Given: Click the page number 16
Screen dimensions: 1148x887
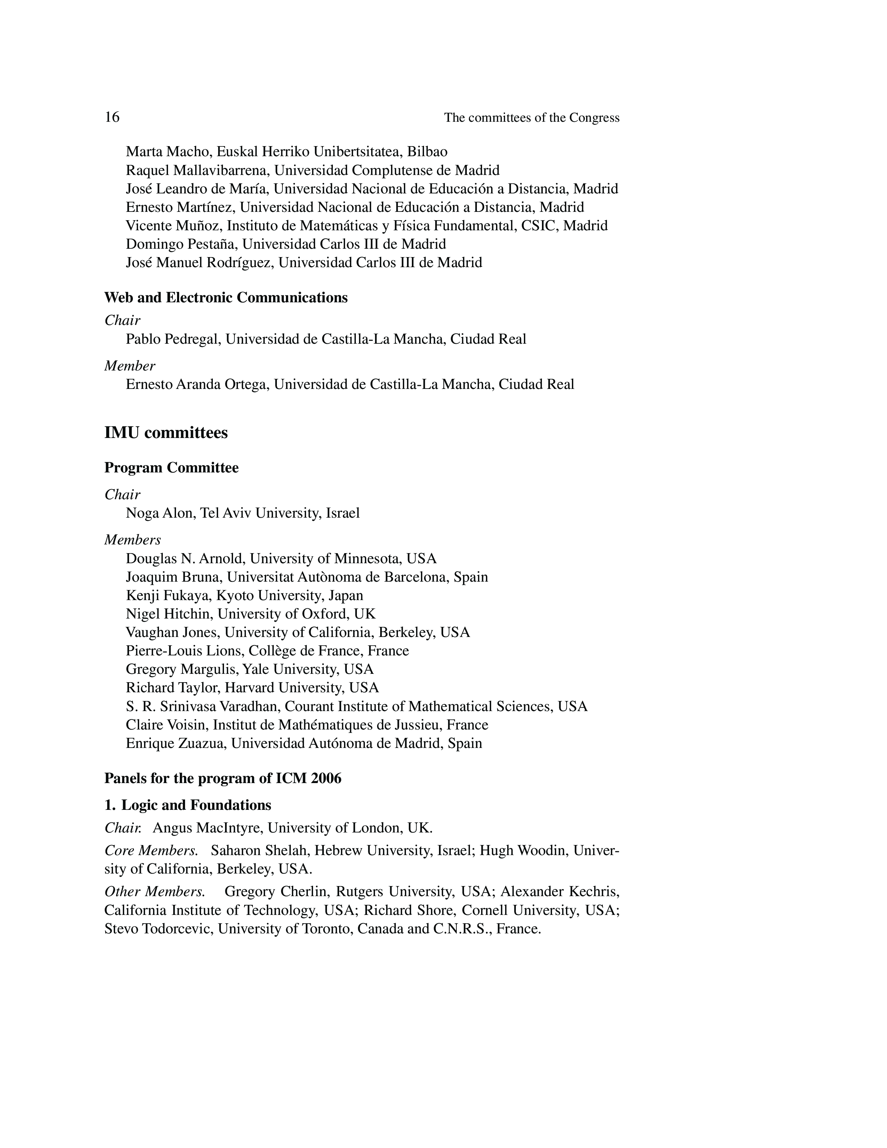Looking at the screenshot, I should coord(112,117).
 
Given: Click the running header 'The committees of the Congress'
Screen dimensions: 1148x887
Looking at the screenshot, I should coord(532,118).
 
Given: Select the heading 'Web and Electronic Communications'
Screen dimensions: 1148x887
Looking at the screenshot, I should coord(226,297).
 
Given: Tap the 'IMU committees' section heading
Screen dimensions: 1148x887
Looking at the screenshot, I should coord(166,433).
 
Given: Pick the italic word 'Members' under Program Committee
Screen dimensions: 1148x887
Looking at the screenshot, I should coord(133,540).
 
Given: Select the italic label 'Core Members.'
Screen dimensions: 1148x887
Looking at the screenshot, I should coord(151,851).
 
